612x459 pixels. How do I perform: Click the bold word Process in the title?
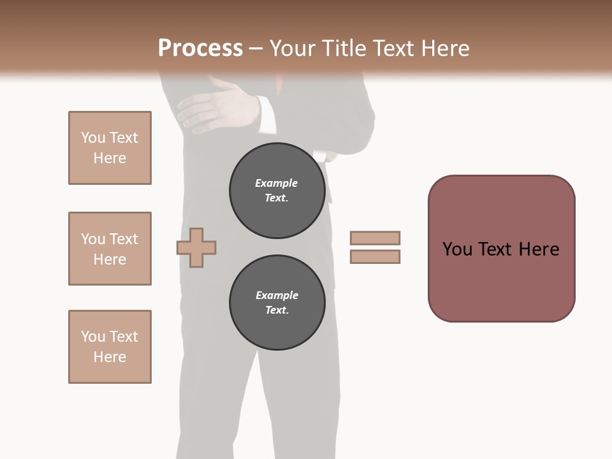click(x=200, y=48)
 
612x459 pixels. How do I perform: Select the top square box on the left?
click(x=110, y=148)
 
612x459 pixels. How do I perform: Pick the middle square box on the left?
click(x=110, y=249)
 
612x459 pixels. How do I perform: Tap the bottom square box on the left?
click(x=110, y=347)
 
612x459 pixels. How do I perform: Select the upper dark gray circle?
click(x=277, y=191)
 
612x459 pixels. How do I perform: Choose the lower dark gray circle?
click(x=277, y=303)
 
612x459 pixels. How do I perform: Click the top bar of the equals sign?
click(x=375, y=238)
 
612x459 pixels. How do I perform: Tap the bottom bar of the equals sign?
click(x=375, y=257)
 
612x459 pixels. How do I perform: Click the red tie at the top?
click(x=280, y=83)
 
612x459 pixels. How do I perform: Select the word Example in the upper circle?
click(x=277, y=183)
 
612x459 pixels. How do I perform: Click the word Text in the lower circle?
click(x=277, y=310)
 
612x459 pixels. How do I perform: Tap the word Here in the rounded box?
click(x=539, y=249)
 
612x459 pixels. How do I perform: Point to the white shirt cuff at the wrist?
click(x=268, y=112)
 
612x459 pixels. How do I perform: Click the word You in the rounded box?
click(x=457, y=249)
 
